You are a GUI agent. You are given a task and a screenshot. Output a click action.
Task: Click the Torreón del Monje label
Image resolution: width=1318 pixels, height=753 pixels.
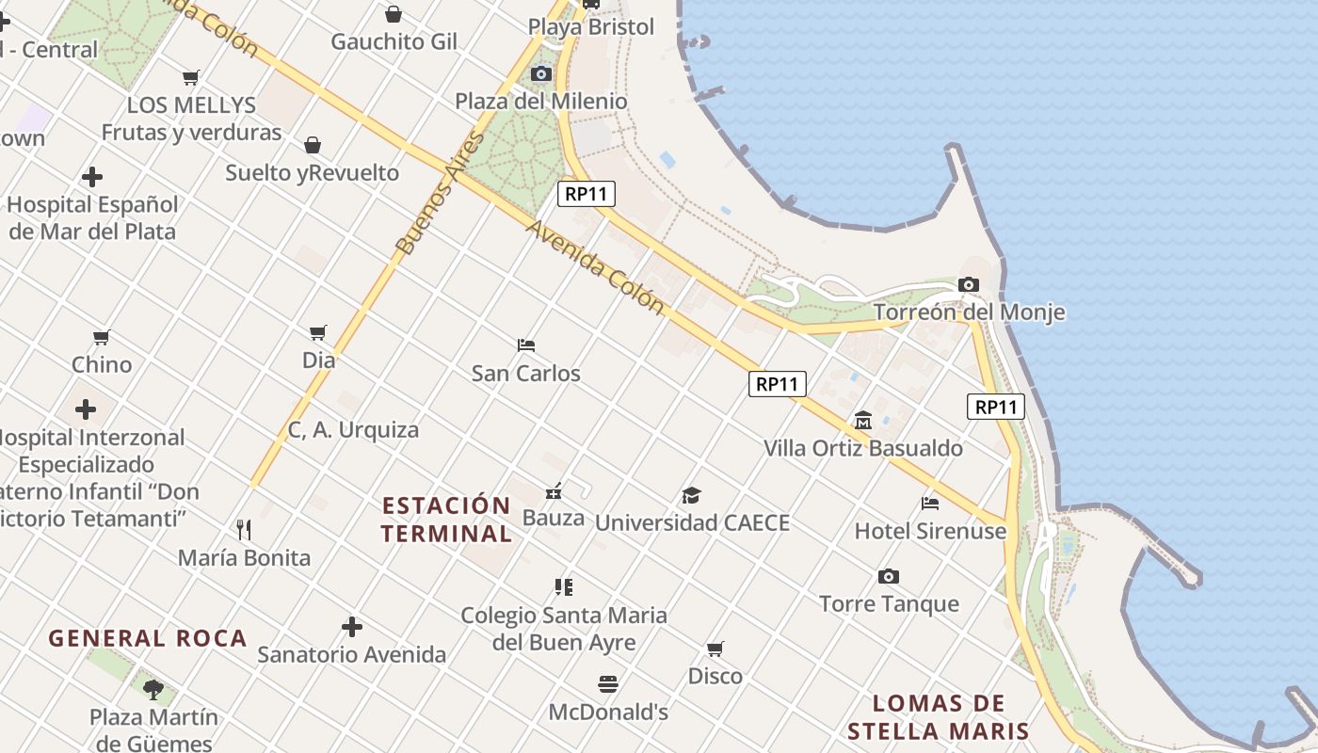[x=969, y=312]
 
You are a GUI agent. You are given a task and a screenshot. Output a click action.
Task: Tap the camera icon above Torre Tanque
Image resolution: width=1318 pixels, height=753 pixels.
[x=888, y=576]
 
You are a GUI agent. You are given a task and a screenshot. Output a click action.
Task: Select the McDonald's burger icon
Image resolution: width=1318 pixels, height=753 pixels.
[x=608, y=684]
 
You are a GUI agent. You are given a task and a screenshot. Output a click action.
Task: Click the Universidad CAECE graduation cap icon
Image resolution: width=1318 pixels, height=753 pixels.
[x=692, y=495]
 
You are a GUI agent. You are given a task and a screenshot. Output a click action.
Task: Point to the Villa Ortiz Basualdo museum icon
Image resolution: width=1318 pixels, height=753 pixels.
[x=863, y=420]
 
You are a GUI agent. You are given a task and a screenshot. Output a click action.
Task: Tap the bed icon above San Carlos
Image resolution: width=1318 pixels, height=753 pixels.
[x=526, y=345]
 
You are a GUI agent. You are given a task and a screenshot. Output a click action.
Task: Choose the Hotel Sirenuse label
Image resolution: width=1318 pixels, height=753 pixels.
[x=930, y=531]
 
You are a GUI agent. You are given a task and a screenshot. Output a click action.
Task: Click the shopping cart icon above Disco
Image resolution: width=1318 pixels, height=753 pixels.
[x=715, y=649]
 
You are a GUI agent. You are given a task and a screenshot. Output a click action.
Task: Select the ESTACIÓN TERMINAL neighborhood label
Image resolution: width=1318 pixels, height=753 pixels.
[x=446, y=520]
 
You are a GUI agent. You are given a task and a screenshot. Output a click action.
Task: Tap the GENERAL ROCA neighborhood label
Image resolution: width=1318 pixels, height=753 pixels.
[x=148, y=638]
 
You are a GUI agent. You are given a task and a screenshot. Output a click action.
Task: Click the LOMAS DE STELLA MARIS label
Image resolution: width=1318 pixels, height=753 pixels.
[x=939, y=717]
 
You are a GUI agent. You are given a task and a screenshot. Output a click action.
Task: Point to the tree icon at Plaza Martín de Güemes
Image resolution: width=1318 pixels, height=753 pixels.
[x=153, y=689]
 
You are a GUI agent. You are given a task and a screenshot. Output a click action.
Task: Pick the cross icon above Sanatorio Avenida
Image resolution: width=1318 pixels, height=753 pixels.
[x=352, y=627]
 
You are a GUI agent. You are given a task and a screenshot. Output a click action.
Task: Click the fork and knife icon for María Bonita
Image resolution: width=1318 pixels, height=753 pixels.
[x=244, y=530]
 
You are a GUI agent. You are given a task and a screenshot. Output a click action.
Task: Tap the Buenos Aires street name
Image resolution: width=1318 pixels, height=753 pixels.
[x=440, y=194]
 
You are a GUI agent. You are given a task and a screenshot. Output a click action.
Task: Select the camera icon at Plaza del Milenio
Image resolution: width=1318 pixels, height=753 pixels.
[x=541, y=73]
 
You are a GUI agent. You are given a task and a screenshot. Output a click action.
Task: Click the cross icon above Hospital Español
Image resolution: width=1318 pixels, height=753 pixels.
[x=92, y=177]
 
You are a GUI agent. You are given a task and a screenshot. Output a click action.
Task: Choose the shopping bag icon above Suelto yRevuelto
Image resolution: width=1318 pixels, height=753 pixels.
[x=313, y=145]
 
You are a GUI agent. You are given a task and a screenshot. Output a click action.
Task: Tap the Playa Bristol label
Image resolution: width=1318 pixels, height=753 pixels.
[x=591, y=27]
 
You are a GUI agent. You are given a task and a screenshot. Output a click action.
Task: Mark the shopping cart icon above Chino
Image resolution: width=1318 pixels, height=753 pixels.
[x=102, y=337]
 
